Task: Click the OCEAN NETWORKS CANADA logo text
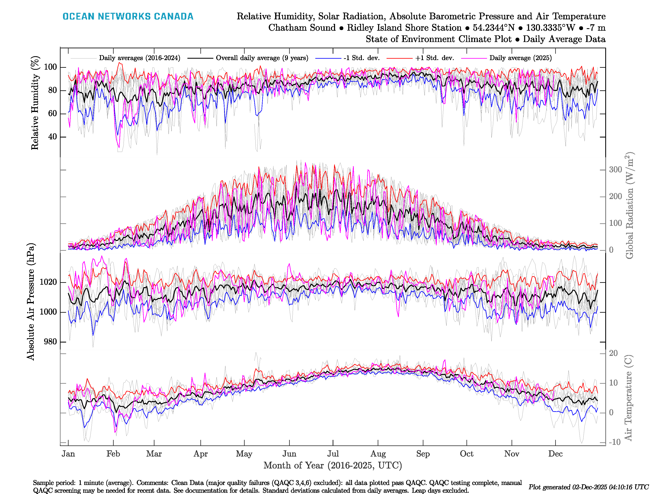[x=128, y=16]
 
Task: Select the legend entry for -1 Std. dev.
[x=361, y=58]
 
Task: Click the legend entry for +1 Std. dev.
[x=434, y=58]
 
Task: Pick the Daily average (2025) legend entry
[x=520, y=58]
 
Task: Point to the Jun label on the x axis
[x=289, y=454]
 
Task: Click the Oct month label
[x=466, y=454]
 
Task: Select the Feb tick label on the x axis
[x=113, y=454]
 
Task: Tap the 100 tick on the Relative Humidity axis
[x=50, y=67]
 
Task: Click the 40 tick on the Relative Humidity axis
[x=53, y=137]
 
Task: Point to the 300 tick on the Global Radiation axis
[x=615, y=170]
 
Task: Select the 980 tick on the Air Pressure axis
[x=50, y=341]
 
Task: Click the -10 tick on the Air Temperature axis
[x=615, y=442]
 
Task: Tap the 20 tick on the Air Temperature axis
[x=613, y=353]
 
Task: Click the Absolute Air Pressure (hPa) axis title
[x=31, y=302]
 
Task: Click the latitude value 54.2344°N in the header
[x=493, y=28]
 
